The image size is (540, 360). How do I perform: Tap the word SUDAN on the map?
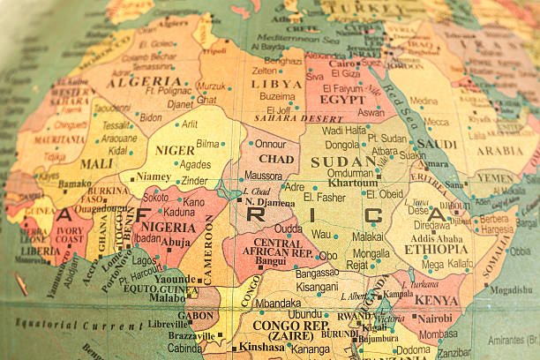pyautogui.click(x=343, y=161)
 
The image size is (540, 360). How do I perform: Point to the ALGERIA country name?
pyautogui.click(x=132, y=81)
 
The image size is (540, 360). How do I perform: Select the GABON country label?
pyautogui.click(x=195, y=315)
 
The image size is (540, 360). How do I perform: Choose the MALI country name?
pyautogui.click(x=96, y=163)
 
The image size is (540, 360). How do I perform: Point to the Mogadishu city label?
pyautogui.click(x=511, y=289)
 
